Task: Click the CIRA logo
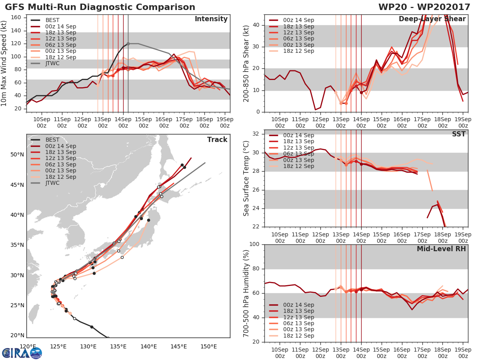[22, 353]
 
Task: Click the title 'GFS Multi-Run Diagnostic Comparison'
[100, 7]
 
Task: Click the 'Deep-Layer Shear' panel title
[432, 19]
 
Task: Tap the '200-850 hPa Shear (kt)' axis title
[247, 63]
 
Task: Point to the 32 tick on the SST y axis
[257, 134]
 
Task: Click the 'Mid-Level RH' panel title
[441, 249]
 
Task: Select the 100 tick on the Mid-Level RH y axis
[254, 244]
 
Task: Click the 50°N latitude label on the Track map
[17, 155]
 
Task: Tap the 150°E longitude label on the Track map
[208, 346]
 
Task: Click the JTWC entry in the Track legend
[52, 183]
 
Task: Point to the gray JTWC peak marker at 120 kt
[128, 44]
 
